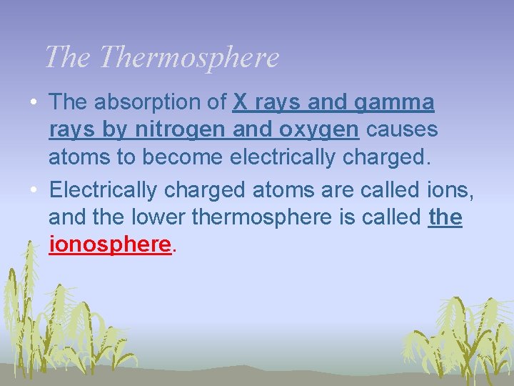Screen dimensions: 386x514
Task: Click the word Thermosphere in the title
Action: point(189,57)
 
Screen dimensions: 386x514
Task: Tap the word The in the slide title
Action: point(69,57)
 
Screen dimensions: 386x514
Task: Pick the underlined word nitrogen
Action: point(174,131)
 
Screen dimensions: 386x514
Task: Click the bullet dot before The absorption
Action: point(34,104)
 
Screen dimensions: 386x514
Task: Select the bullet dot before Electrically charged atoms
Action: point(34,189)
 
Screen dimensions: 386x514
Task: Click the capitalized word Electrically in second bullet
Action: point(104,189)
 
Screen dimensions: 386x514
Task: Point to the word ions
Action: point(449,189)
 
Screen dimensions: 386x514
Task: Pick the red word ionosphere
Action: point(111,245)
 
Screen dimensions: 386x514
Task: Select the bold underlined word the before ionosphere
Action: point(445,217)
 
